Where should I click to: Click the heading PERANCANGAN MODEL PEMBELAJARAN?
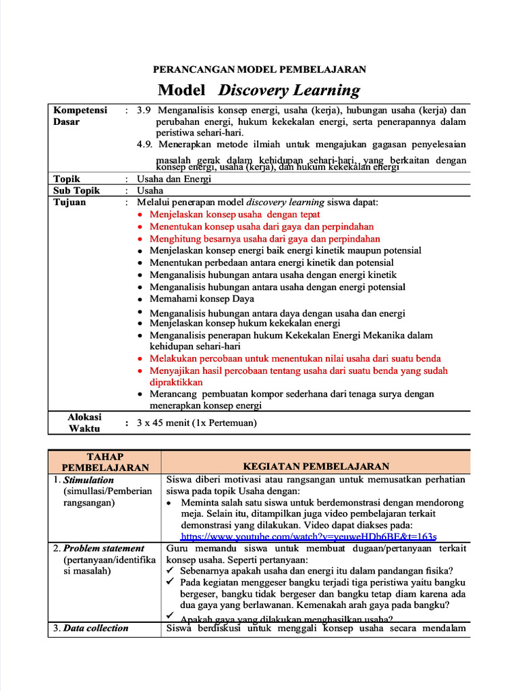[x=260, y=69]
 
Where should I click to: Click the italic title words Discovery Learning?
[x=289, y=90]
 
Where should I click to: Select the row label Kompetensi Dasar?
[x=80, y=115]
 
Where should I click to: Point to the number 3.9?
[x=145, y=110]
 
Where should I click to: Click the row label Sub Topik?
[x=76, y=190]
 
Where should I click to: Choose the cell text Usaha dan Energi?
[x=174, y=179]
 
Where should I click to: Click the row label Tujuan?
[x=69, y=202]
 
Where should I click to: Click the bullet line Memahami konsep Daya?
[x=202, y=299]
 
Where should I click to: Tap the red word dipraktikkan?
[x=177, y=382]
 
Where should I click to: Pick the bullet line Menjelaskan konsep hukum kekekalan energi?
[x=244, y=323]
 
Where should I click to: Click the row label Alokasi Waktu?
[x=84, y=422]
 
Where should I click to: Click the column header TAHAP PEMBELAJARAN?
[x=105, y=461]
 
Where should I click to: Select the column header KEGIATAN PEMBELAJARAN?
[x=316, y=466]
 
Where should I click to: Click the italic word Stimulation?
[x=88, y=480]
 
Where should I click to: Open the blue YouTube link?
[x=309, y=536]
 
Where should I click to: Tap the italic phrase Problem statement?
[x=103, y=548]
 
